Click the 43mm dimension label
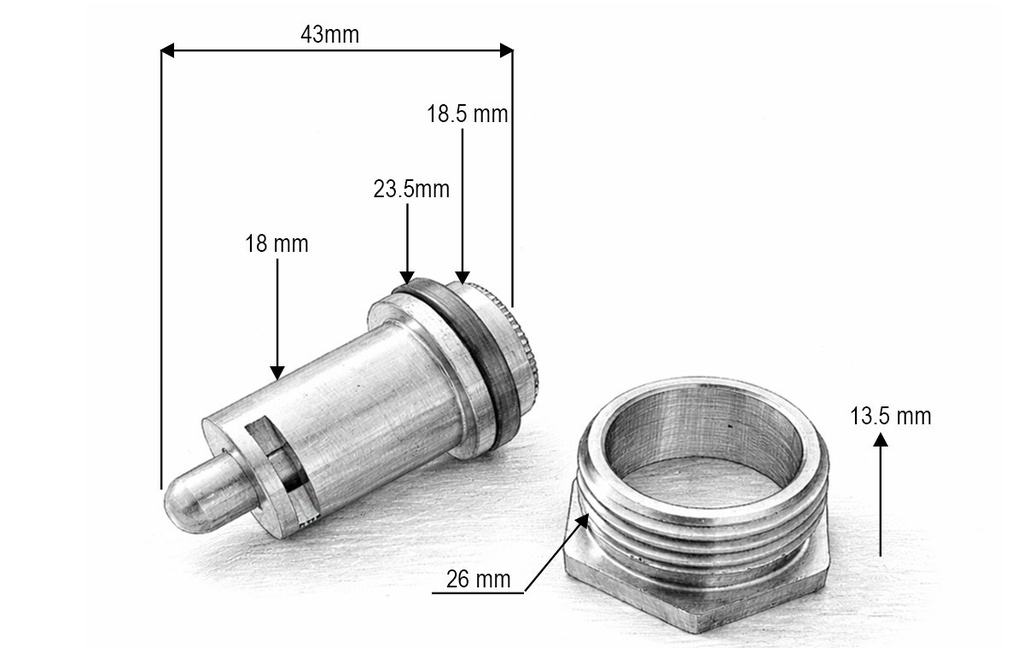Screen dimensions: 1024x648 329,34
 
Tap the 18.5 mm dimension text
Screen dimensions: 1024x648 468,114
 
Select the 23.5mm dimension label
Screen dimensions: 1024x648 411,189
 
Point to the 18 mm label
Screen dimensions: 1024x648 276,244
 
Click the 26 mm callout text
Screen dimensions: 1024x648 478,579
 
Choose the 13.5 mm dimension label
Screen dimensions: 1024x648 891,416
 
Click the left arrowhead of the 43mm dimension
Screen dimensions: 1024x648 168,50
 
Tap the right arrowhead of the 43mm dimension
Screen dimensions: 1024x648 506,50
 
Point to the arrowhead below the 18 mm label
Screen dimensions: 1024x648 277,372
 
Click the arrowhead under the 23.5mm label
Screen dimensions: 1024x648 407,277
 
